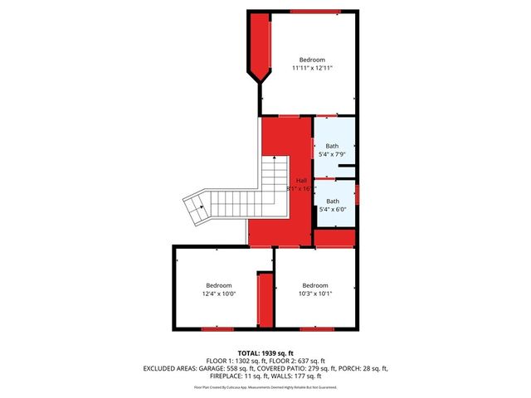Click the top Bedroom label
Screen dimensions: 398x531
[312, 60]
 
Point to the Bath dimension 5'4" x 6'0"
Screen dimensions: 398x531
[332, 210]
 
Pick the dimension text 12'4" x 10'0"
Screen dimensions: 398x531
[219, 294]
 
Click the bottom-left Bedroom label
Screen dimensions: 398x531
[219, 285]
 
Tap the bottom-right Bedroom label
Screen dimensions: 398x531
[315, 285]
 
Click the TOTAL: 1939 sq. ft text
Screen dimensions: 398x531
[265, 352]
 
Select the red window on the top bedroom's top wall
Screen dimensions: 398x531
[315, 11]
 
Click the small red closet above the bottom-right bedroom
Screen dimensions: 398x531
[334, 238]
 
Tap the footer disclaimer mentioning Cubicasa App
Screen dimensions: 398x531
[265, 387]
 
